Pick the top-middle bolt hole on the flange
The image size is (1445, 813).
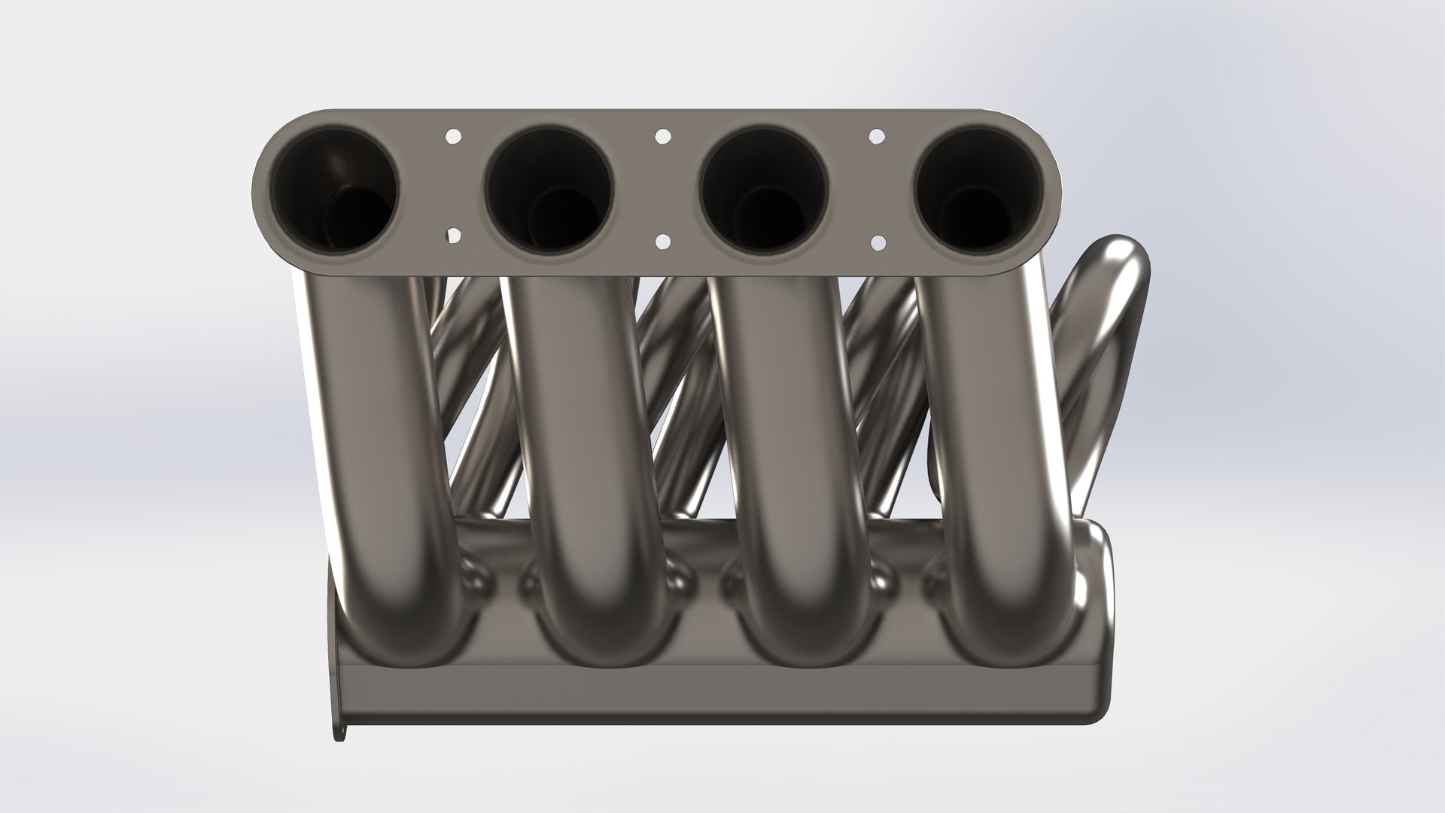coord(662,136)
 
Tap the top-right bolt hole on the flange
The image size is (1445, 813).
coord(877,136)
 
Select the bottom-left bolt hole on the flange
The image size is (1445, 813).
coord(453,236)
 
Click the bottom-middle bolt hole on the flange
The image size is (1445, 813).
coord(662,241)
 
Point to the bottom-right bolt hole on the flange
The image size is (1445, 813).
coord(877,242)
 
